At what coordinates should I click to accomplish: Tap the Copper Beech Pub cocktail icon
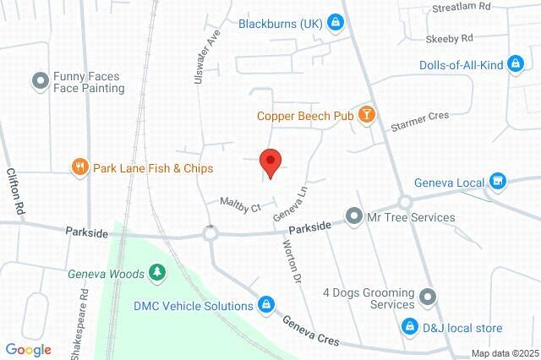pos(366,114)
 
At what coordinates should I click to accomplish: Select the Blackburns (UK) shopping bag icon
pos(336,21)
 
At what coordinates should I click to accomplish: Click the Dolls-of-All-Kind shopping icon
pos(514,64)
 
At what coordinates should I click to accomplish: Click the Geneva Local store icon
pos(498,181)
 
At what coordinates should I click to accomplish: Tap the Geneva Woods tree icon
pos(156,272)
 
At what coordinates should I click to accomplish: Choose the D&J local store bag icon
pos(409,327)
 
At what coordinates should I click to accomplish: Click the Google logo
pos(28,349)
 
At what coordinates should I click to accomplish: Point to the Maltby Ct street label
pos(239,204)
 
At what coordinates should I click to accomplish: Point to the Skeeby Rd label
pos(449,38)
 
